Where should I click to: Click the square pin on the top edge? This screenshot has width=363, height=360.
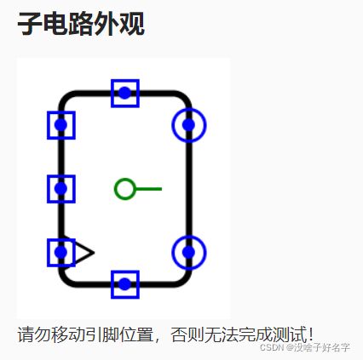(125, 94)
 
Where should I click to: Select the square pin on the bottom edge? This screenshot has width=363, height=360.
(125, 284)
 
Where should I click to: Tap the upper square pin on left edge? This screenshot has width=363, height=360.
(61, 125)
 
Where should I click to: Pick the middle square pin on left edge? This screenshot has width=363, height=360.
(61, 189)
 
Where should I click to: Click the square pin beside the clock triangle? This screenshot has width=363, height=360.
(61, 253)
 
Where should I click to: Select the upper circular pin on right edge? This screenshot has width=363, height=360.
(189, 125)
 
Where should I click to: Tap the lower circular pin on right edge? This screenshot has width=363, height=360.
(189, 253)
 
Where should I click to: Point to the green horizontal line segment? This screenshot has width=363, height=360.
(148, 189)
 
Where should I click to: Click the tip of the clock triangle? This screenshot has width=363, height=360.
(94, 252)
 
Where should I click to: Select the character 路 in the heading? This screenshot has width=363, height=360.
(81, 24)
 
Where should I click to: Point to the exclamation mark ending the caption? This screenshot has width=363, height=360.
(311, 334)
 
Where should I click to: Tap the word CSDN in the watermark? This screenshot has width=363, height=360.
(272, 347)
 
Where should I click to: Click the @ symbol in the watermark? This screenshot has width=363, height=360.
(290, 347)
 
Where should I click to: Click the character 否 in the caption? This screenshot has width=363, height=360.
(179, 334)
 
